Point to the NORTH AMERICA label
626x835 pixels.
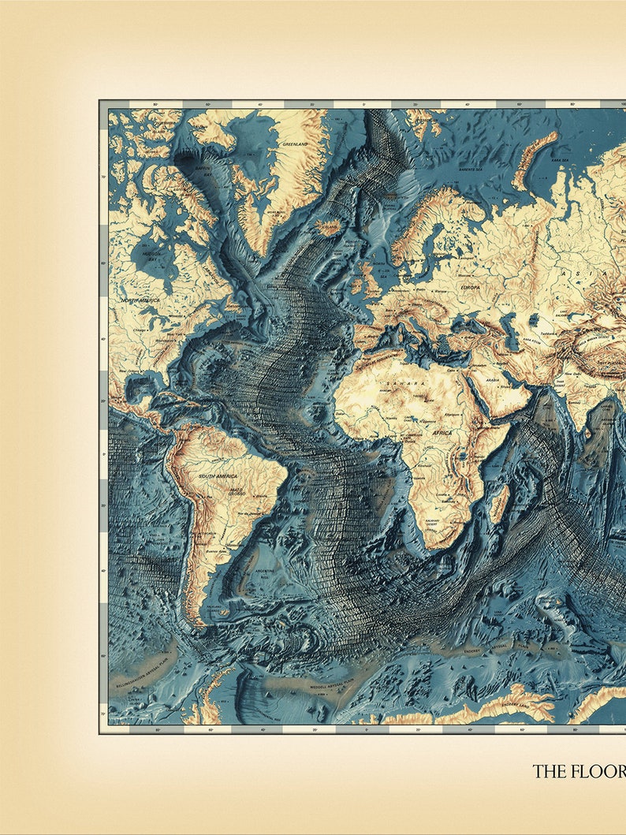tap(140, 300)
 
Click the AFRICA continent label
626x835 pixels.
tap(442, 433)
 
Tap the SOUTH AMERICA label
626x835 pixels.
tap(218, 476)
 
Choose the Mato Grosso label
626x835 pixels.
tap(237, 490)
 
